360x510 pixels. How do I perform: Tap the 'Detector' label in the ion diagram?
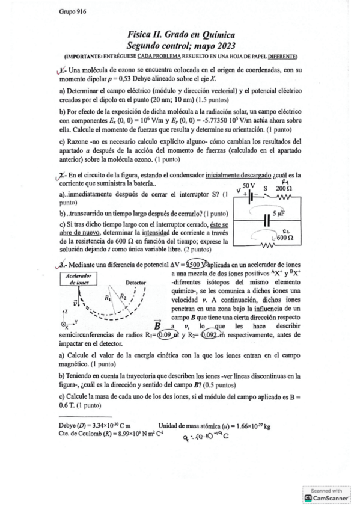click(136, 281)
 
